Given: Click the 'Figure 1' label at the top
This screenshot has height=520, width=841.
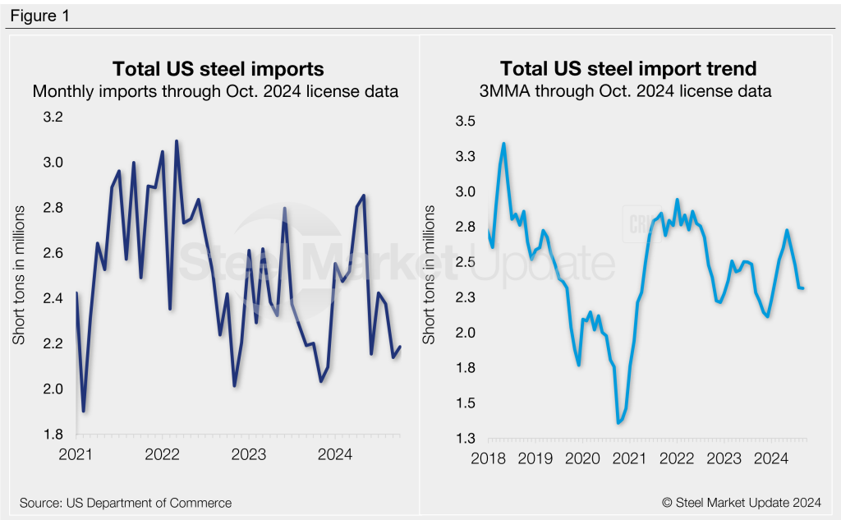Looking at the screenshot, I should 39,16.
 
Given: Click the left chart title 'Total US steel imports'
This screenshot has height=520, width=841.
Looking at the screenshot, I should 218,68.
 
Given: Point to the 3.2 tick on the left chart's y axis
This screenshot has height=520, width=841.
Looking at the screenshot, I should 53,117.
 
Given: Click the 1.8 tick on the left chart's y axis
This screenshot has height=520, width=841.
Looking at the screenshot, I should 53,435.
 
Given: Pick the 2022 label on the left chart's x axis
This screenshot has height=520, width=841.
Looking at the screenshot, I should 163,454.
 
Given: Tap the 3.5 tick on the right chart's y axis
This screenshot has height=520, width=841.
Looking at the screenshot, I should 465,122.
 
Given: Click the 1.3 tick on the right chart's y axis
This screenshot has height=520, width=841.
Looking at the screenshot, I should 465,438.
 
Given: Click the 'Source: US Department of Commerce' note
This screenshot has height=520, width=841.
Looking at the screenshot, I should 126,502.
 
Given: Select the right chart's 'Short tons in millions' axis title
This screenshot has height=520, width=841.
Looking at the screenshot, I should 430,275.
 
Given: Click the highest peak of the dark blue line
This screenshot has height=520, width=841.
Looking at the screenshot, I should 177,141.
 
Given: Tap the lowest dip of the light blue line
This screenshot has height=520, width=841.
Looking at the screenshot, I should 618,423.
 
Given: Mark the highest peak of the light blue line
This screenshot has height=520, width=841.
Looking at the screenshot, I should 503,144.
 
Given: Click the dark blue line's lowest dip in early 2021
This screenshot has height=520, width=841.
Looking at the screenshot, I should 83,411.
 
